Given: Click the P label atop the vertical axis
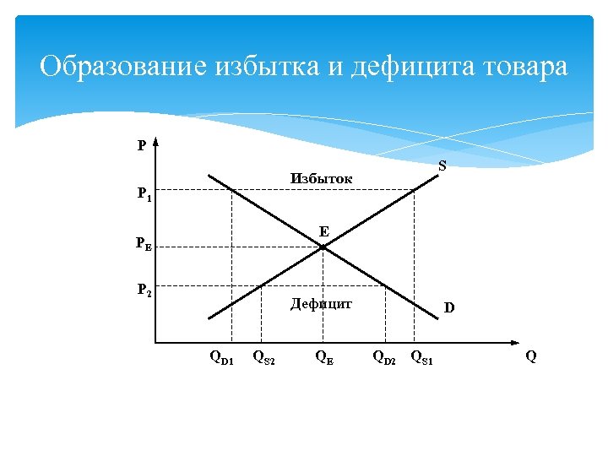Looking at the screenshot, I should pos(142,145).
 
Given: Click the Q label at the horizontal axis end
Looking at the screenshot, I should pos(530,356).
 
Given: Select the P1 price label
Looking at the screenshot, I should pos(144,194).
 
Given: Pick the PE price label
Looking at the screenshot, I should pos(144,245).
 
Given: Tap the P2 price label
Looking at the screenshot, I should pos(144,290).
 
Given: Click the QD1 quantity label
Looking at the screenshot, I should pos(221,357).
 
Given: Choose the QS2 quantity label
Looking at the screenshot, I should pos(264,357).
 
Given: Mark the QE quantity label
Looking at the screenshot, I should pos(323,357).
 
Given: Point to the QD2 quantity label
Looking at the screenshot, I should pos(384,357).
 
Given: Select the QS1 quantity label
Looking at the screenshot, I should pos(421,357).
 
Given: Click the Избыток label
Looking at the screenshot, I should pos(322,179).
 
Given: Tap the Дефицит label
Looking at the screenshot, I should pos(321,303).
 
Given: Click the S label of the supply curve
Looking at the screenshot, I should pos(442,166).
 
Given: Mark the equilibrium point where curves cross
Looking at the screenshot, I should pos(323,246).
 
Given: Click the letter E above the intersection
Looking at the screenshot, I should pos(324,231).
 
